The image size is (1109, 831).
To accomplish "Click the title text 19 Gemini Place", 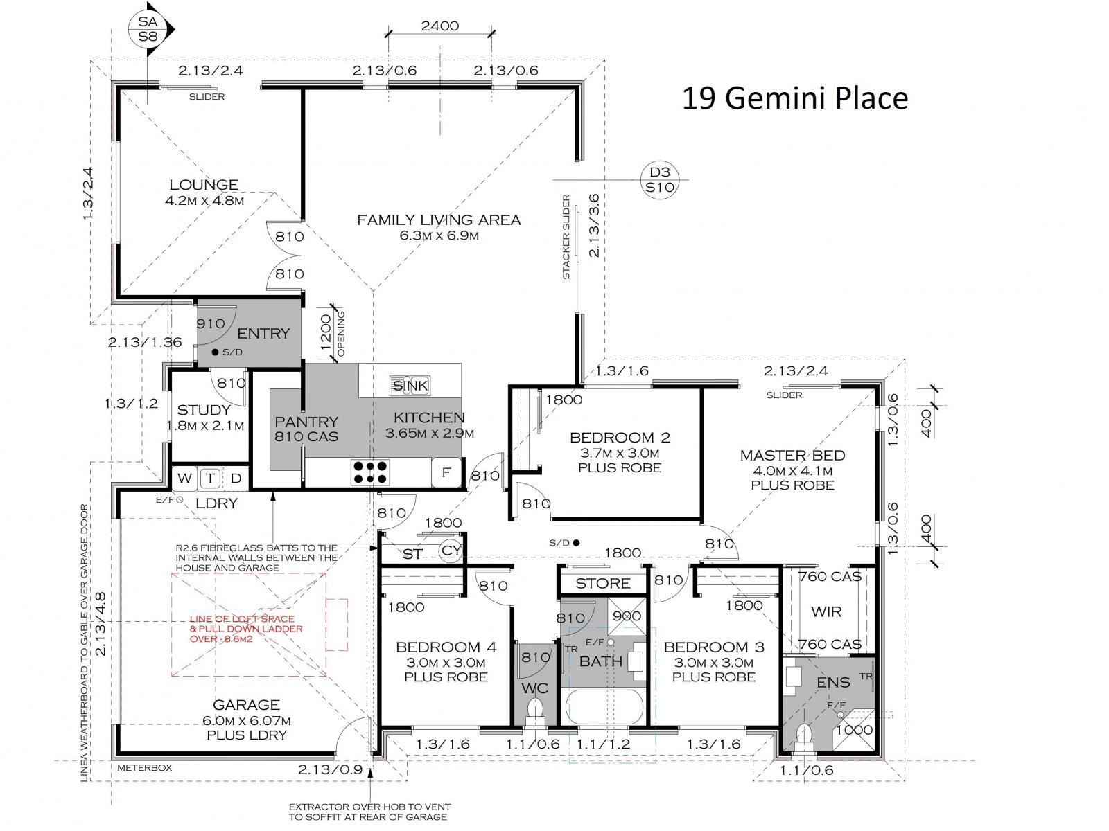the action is [795, 98].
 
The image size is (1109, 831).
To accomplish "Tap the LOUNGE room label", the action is [204, 185].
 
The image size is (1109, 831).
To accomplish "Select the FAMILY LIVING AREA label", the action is [439, 220].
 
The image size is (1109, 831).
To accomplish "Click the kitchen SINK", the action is [410, 386].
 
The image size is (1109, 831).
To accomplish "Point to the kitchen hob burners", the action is [370, 472].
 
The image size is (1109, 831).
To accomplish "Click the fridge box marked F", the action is [446, 472].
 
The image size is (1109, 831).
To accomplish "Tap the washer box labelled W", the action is [185, 478].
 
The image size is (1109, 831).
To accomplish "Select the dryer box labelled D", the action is [236, 478].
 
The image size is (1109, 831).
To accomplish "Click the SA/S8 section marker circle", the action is [148, 29].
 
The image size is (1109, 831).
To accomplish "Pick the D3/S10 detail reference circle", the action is [659, 179].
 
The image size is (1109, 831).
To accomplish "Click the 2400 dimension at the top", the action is [439, 26].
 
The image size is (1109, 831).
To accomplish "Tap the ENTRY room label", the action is [263, 334].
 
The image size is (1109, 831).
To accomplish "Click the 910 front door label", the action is [211, 323].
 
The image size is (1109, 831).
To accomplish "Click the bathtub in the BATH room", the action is [604, 707].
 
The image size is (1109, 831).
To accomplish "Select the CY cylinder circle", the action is [450, 549].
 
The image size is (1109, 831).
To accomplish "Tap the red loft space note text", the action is [246, 629].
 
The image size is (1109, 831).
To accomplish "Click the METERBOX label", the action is [144, 767].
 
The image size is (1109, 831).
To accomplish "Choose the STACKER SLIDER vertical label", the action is [566, 237].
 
